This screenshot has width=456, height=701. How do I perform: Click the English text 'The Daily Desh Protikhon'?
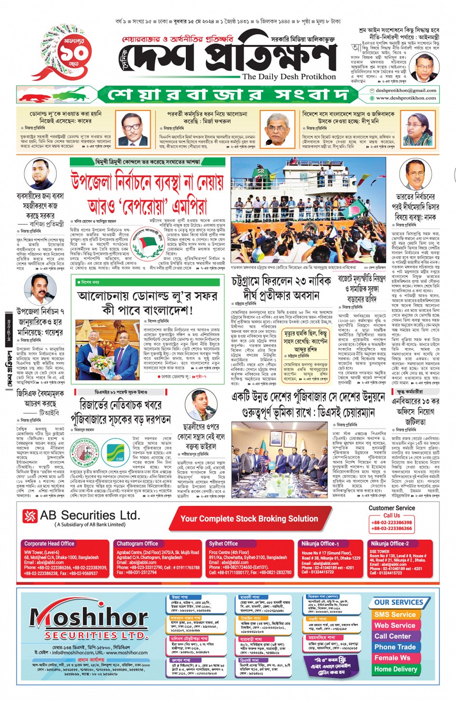[x=289, y=77]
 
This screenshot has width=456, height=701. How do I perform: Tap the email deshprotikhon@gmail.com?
[x=406, y=90]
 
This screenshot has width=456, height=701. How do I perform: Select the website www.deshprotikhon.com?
[x=406, y=98]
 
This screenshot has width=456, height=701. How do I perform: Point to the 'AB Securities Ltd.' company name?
[x=89, y=516]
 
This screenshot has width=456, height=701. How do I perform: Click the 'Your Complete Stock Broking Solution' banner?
[x=249, y=519]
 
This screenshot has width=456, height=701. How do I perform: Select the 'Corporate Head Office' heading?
[x=49, y=544]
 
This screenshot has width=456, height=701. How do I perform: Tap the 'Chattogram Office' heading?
[x=137, y=544]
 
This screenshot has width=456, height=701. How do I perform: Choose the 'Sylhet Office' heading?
[x=223, y=544]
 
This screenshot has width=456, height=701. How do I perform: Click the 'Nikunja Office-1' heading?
[x=320, y=544]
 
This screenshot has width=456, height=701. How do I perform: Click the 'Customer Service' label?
[x=391, y=508]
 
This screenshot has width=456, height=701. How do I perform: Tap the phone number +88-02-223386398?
[x=391, y=522]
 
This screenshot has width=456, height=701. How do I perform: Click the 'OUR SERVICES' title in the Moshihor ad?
[x=398, y=602]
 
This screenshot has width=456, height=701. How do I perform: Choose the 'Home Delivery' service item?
[x=395, y=669]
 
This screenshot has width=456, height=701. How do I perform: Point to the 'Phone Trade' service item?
[x=395, y=647]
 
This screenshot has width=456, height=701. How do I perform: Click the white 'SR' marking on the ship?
[x=261, y=171]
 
